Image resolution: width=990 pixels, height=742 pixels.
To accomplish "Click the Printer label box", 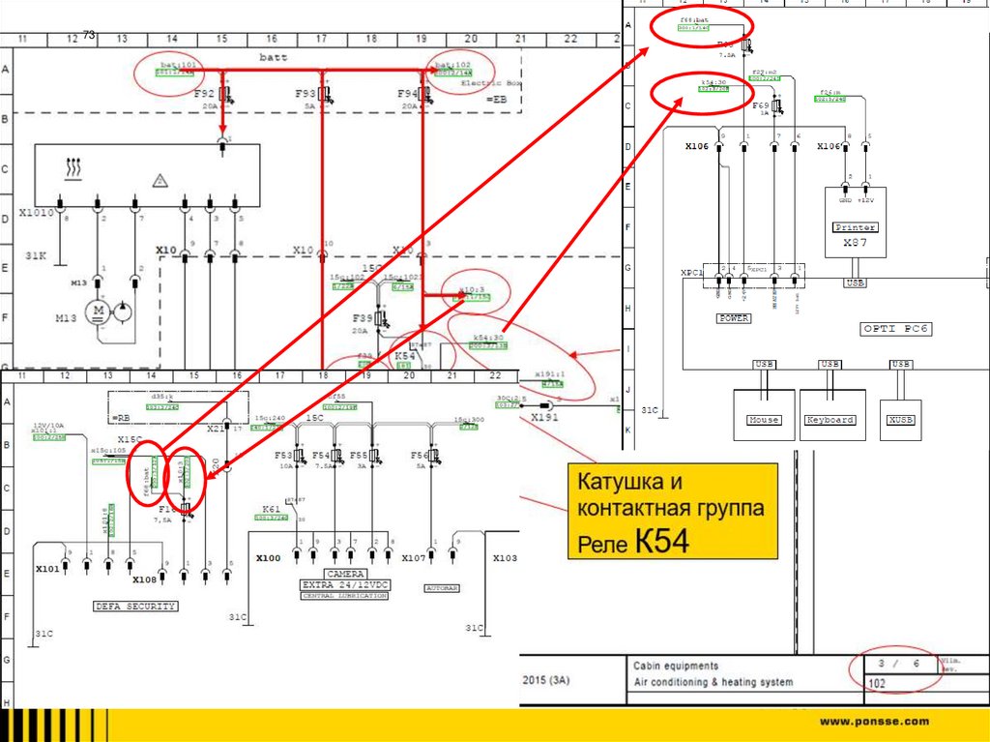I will tap(854, 227).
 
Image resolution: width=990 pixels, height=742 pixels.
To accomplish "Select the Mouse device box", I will tap(764, 420).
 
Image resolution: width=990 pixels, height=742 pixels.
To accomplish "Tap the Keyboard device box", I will tap(830, 420).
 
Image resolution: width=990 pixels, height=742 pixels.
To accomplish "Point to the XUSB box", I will tap(900, 420).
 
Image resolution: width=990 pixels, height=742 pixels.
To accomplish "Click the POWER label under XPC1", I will tap(733, 317).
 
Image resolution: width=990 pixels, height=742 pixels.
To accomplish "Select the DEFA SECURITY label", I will tap(135, 607).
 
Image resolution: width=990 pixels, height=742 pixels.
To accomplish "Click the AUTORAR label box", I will tap(441, 587).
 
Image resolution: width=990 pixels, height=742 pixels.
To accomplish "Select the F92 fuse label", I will tap(204, 93).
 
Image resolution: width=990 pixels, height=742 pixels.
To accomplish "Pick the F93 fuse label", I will tap(306, 93).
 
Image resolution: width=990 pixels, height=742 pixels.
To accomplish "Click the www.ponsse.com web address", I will tap(874, 722).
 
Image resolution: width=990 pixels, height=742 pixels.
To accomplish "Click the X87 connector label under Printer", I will tap(854, 244).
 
